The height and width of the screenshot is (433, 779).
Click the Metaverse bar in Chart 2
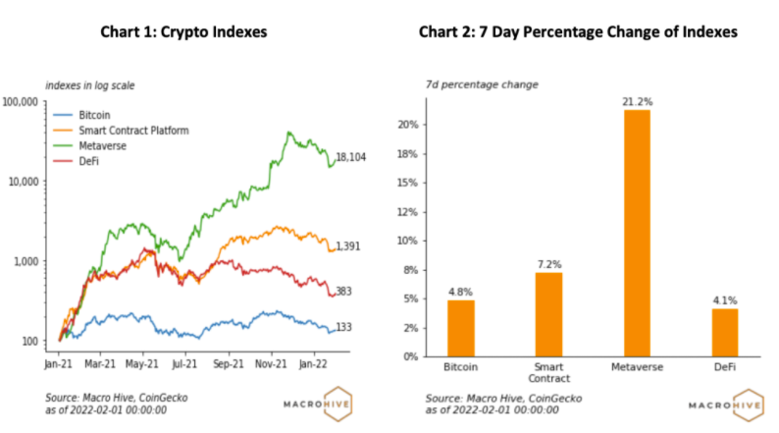[x=636, y=233]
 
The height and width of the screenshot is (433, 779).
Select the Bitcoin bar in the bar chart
[x=461, y=328]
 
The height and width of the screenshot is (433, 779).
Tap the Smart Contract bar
[x=549, y=314]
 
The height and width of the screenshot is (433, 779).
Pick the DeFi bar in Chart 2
[x=725, y=332]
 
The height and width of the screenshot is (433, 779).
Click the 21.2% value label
[x=636, y=100]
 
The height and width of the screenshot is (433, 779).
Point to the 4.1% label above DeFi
[x=725, y=300]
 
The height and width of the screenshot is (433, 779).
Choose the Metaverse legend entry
[x=102, y=145]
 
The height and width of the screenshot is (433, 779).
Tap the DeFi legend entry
[x=90, y=160]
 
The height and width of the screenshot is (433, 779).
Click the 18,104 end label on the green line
[x=351, y=157]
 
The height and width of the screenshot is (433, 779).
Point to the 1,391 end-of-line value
[x=347, y=246]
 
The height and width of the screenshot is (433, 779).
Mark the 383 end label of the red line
[x=343, y=292]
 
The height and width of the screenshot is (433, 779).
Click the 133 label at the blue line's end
[x=343, y=328]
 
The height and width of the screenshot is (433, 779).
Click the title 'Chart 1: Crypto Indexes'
[x=183, y=32]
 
